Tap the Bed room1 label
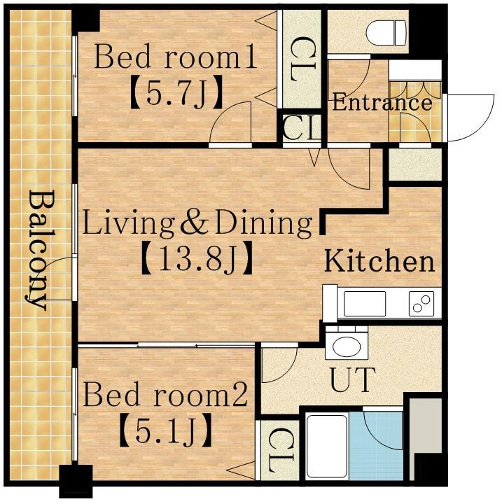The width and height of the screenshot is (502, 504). (x=175, y=57)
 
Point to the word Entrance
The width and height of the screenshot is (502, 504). (x=382, y=102)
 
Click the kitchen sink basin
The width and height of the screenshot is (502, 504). (x=365, y=304)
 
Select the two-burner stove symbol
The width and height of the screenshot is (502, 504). (x=421, y=304)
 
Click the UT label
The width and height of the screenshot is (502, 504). (x=353, y=379)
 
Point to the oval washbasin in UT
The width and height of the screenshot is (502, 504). (x=347, y=346)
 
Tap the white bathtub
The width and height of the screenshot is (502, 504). (x=326, y=447)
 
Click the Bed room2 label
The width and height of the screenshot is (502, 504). (x=165, y=394)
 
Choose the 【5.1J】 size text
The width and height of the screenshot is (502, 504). (x=165, y=430)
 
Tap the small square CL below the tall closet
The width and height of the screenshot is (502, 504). (x=302, y=128)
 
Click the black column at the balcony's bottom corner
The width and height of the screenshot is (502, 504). (x=76, y=481)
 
